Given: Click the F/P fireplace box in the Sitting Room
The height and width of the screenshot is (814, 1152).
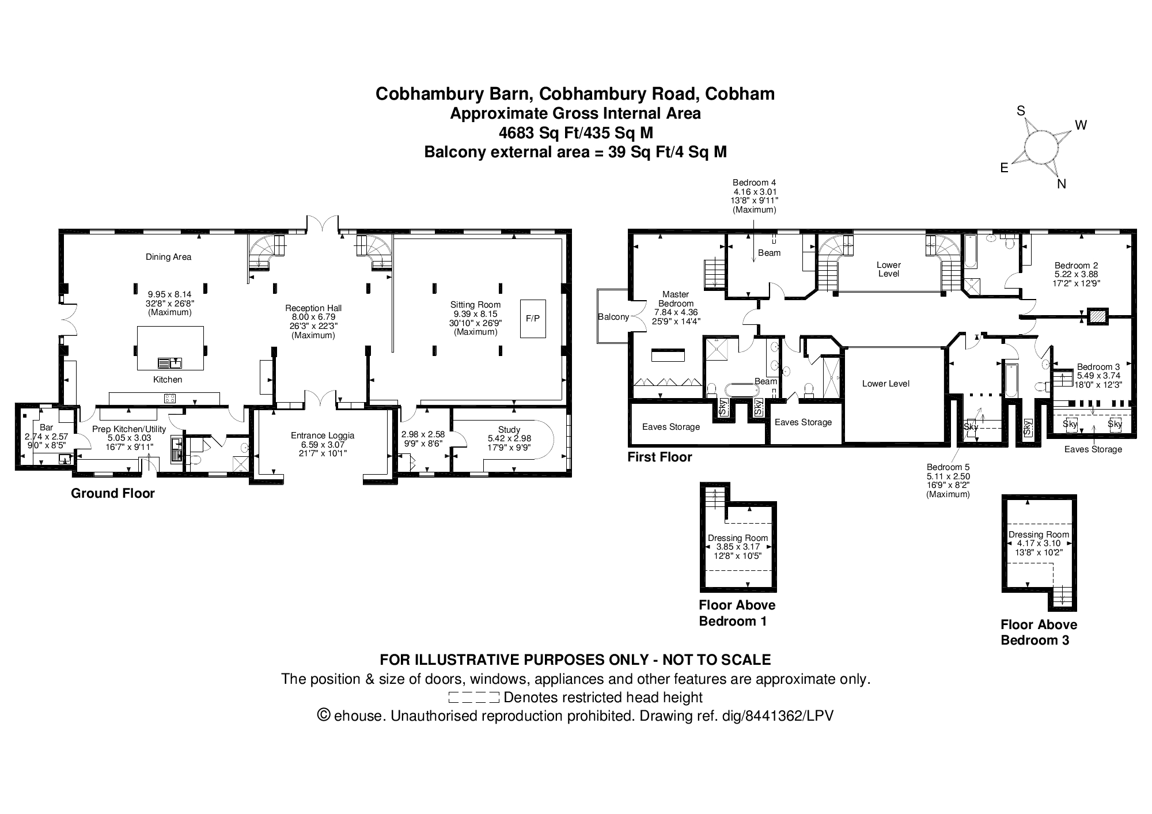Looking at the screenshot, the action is pyautogui.click(x=533, y=318).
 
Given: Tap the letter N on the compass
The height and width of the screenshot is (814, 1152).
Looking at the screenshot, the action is pyautogui.click(x=1062, y=184).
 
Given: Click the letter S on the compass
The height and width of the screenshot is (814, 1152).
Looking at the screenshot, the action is pyautogui.click(x=1021, y=111).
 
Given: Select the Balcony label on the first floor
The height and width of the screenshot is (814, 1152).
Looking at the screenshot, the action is pyautogui.click(x=613, y=317).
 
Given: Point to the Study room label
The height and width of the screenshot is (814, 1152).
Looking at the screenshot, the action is pyautogui.click(x=509, y=429).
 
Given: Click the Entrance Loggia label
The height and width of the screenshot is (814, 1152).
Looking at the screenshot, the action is pyautogui.click(x=323, y=436).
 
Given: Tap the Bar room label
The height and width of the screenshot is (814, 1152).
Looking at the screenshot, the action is pyautogui.click(x=47, y=427).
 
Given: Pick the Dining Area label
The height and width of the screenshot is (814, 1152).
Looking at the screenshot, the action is pyautogui.click(x=168, y=257).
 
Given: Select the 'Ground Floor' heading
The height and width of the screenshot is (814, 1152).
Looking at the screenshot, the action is pyautogui.click(x=113, y=493).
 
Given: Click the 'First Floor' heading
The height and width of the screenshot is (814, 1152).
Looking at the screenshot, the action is pyautogui.click(x=660, y=457).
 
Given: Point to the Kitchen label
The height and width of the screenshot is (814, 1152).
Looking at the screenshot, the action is pyautogui.click(x=168, y=380).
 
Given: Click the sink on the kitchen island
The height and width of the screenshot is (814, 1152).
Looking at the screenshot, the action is pyautogui.click(x=170, y=363).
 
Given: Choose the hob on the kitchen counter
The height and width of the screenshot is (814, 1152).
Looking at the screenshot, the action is pyautogui.click(x=170, y=398).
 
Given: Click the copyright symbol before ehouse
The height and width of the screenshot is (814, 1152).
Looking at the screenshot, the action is pyautogui.click(x=324, y=716).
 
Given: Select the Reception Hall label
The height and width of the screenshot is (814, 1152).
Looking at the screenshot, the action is pyautogui.click(x=313, y=308).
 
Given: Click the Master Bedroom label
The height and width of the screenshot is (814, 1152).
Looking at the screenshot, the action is pyautogui.click(x=676, y=299).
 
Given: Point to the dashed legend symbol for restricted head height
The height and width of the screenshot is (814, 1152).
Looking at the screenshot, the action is pyautogui.click(x=473, y=698).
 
